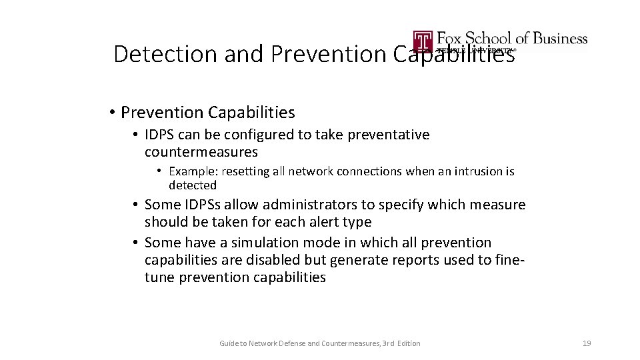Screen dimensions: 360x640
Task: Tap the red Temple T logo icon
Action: pyautogui.click(x=423, y=41)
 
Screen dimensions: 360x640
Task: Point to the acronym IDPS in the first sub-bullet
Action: pyautogui.click(x=163, y=135)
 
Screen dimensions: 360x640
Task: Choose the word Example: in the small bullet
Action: pyautogui.click(x=191, y=171)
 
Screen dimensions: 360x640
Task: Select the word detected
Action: pyautogui.click(x=193, y=185)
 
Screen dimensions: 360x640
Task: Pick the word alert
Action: pyautogui.click(x=305, y=222)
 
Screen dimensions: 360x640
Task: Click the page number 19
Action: pyautogui.click(x=587, y=343)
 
